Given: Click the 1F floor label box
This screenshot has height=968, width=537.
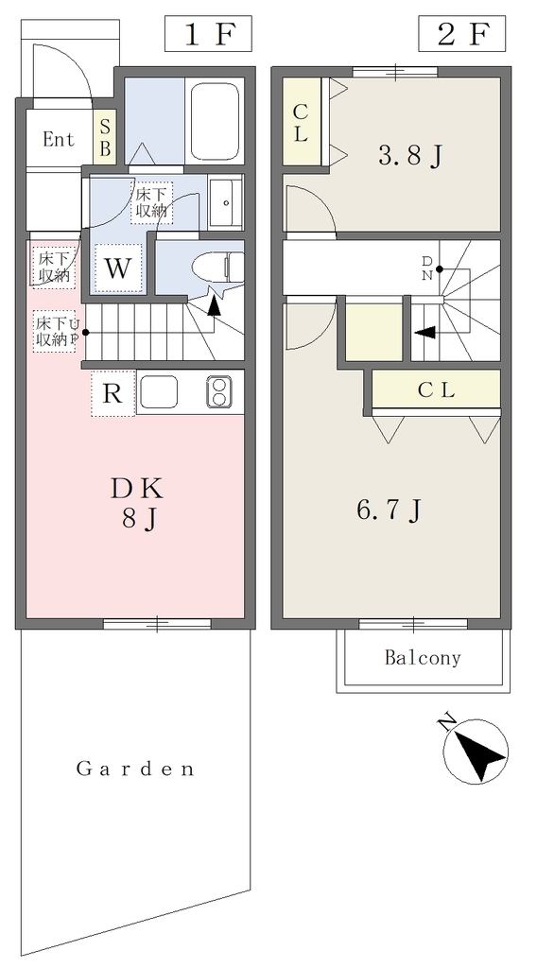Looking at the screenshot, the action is click(208, 35).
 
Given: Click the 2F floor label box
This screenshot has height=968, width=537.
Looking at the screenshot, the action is click(461, 35).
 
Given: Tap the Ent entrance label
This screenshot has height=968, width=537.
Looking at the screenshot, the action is click(59, 140).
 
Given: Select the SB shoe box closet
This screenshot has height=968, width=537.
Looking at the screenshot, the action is click(105, 138).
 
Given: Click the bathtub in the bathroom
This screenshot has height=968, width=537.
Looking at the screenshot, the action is click(215, 121).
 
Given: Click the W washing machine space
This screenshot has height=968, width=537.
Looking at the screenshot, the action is click(118, 268).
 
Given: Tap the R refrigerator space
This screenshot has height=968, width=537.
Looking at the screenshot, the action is click(113, 393).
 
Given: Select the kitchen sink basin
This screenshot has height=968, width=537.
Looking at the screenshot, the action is click(159, 391).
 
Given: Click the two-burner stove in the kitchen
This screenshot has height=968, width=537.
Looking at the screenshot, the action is click(217, 391).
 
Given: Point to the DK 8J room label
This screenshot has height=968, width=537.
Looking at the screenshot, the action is click(138, 503).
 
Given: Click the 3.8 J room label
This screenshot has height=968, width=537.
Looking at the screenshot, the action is click(410, 156).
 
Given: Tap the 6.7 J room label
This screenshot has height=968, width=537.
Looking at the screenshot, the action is click(389, 510).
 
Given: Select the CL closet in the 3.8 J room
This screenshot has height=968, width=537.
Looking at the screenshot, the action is click(302, 122).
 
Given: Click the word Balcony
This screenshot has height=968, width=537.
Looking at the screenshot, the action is click(423, 658).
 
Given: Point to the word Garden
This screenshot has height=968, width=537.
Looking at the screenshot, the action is click(135, 769).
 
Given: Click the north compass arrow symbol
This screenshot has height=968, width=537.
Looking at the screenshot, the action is click(476, 752).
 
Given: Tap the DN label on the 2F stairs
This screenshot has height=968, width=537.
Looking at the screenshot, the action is click(425, 268).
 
